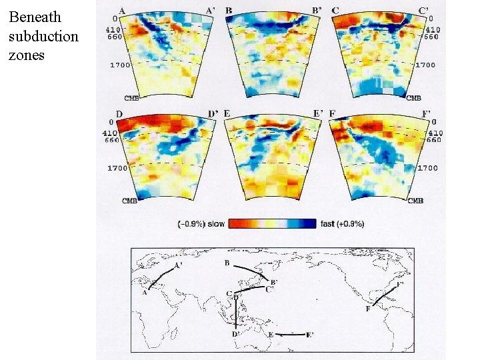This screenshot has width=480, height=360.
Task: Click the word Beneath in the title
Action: [35, 17]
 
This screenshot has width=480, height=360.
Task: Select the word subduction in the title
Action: [43, 36]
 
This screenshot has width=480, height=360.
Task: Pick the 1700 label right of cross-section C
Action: [425, 65]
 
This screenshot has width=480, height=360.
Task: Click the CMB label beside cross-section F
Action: [415, 201]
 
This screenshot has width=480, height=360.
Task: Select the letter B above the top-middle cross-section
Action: [229, 11]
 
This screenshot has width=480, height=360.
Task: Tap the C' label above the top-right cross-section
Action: [423, 11]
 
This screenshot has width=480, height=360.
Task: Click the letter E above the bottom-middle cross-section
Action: [227, 114]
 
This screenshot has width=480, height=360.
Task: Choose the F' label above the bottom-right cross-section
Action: [427, 114]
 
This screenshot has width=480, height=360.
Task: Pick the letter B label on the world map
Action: [227, 263]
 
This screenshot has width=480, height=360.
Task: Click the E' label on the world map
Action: [310, 335]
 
